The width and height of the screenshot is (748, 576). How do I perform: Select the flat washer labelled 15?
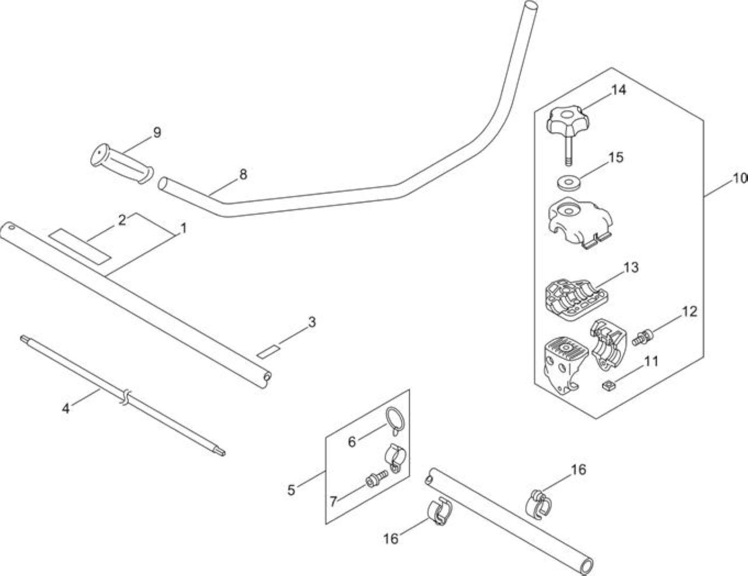(x=569, y=182)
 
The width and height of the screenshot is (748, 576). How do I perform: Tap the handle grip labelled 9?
(x=122, y=163)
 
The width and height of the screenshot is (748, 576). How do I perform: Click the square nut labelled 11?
(x=608, y=386)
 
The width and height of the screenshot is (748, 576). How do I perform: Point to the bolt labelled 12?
(x=643, y=338)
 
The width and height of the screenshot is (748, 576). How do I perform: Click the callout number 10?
(x=739, y=178)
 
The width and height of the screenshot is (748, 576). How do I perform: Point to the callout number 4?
(x=66, y=408)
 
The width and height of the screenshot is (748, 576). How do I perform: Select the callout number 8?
(x=243, y=175)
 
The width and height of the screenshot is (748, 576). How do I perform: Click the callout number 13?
(x=631, y=267)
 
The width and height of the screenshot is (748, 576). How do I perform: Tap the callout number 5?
(x=291, y=490)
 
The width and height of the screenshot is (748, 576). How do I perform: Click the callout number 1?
(x=183, y=228)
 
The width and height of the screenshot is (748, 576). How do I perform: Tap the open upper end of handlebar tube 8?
(x=530, y=7)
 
